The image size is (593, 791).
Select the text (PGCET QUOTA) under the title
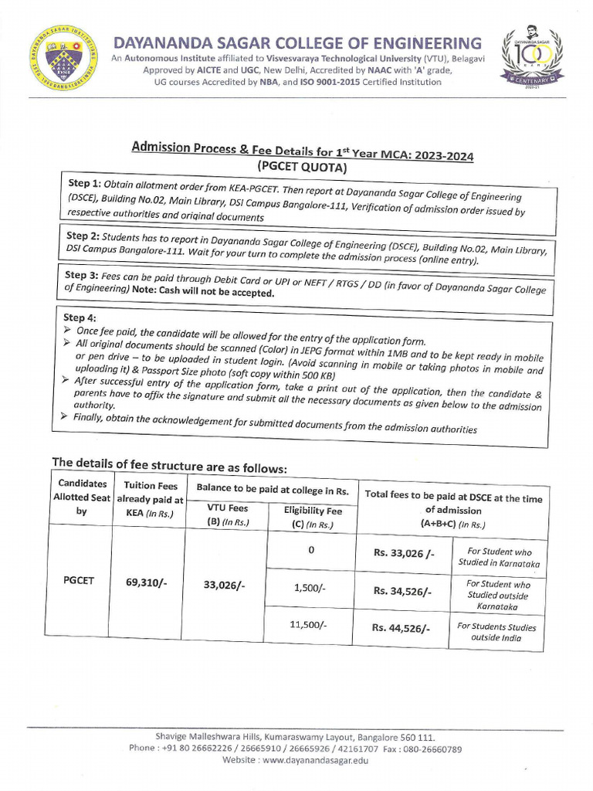tap(302, 167)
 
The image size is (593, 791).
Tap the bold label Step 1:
tap(90, 184)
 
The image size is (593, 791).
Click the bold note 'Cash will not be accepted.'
tap(224, 294)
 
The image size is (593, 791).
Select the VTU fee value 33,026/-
tap(224, 586)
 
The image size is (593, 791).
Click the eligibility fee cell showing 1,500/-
tap(310, 588)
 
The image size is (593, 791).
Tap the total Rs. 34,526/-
tap(402, 591)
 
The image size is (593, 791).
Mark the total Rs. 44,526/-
tap(400, 628)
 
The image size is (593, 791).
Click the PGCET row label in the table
tap(78, 580)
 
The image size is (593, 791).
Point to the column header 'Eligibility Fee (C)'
tap(308, 517)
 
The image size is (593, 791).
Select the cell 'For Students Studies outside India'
tap(496, 633)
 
